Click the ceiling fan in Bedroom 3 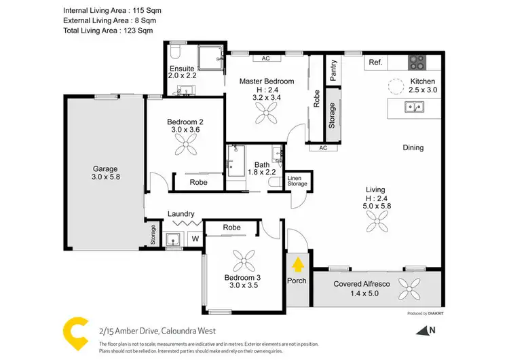coord(243,261)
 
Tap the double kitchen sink coord(413,107)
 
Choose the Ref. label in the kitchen coord(375,62)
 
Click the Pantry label coord(333,71)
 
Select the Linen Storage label coord(297,181)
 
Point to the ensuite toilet coord(173,54)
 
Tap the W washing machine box coord(195,238)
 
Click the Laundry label coord(181,213)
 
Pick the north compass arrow coord(426,331)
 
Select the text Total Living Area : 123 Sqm coord(108,30)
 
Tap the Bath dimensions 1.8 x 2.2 coord(262,173)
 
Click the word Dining coord(413,147)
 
